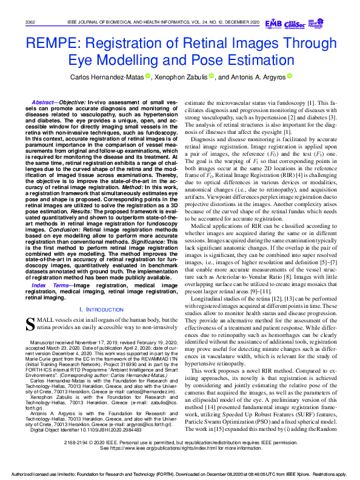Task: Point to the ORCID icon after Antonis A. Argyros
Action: point(290,76)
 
